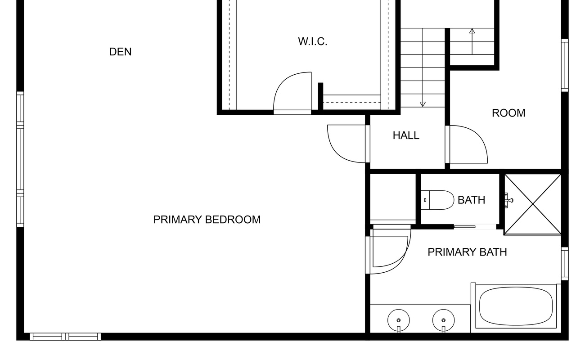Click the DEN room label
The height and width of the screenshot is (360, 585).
tap(120, 52)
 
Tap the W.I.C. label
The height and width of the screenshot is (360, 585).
tap(312, 41)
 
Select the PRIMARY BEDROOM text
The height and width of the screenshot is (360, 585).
tap(207, 220)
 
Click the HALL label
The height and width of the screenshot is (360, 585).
tap(406, 135)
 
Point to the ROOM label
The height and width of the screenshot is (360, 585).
tap(508, 113)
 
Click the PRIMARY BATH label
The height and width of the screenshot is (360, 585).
tap(467, 252)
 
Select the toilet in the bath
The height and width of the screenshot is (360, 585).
tap(438, 200)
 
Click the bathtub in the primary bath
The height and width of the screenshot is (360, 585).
tap(516, 306)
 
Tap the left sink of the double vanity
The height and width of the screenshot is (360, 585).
tap(399, 320)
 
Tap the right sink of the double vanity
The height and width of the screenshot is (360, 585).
tap(443, 320)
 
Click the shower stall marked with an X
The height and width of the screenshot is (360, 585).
tap(533, 204)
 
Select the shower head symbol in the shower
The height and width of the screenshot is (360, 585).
tap(508, 200)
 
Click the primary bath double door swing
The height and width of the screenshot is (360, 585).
tap(389, 250)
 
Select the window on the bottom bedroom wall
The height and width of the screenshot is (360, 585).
tap(65, 337)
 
